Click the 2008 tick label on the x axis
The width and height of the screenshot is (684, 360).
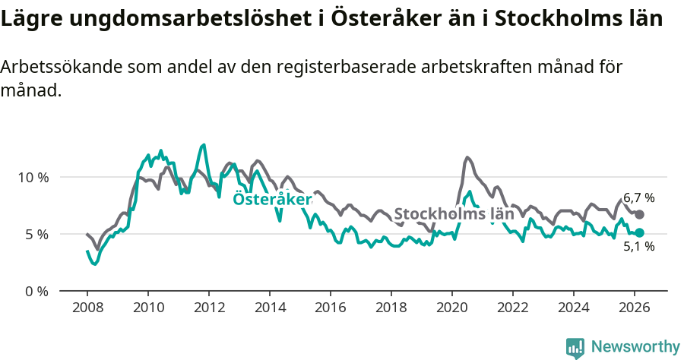(87, 308)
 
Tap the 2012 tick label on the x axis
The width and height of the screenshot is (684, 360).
(209, 308)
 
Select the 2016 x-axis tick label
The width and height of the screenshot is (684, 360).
(331, 308)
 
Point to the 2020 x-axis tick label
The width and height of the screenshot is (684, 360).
(452, 308)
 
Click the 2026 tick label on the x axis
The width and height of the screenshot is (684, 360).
(635, 308)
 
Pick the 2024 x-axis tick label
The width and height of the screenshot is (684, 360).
(574, 308)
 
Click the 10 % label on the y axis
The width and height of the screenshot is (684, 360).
(33, 177)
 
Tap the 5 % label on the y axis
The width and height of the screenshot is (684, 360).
(36, 234)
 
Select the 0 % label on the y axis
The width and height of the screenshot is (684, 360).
(36, 291)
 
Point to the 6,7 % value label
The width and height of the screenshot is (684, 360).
(638, 198)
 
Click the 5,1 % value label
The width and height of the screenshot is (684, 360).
(638, 246)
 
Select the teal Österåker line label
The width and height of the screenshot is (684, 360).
(272, 199)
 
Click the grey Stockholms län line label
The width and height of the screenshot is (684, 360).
(454, 213)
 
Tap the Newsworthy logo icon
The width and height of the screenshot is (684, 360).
(575, 347)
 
